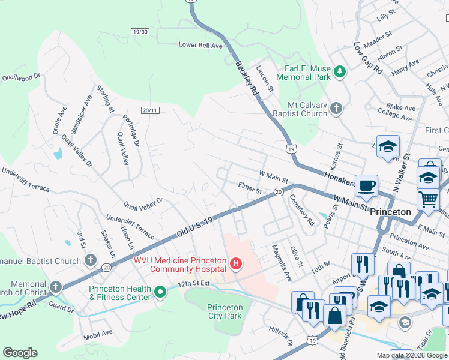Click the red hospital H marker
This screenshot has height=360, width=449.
pos(237,263)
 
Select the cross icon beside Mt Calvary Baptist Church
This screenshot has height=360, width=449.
pos(336,109)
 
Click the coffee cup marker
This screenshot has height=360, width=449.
pos(365,185)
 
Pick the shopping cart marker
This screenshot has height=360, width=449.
pos(427,198)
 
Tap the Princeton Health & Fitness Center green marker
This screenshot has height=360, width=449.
pos(160,292)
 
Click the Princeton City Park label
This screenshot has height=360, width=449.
pos(225,311)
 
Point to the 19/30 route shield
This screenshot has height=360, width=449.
pos(139,31)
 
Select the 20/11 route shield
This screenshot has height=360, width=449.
pos(151,110)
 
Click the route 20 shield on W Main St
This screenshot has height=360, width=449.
pos(279,191)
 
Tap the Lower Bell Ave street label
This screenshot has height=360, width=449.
pos(200,45)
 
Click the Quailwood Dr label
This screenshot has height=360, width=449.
pos(21,77)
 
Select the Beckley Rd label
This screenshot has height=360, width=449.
pos(246,79)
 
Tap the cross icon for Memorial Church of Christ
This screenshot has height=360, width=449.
pos(56,287)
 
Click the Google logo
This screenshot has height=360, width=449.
pos(20,353)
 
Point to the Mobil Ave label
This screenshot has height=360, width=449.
pos(98,333)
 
